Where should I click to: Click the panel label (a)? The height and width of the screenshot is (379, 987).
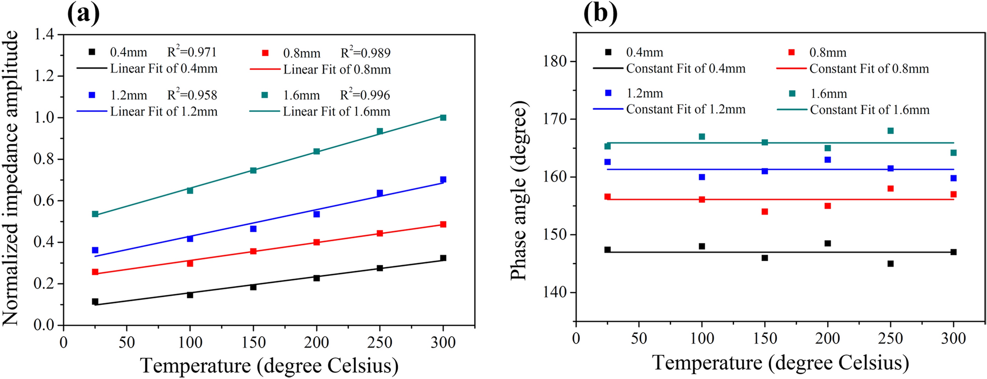tap(83, 14)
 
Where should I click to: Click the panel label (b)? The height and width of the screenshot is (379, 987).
tap(600, 14)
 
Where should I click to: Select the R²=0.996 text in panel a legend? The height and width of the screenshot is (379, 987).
tap(365, 95)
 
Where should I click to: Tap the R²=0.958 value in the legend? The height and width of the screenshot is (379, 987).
tap(192, 95)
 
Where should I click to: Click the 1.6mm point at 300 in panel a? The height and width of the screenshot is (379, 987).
tap(443, 117)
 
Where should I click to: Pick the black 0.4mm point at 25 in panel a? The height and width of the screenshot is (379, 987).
tap(95, 301)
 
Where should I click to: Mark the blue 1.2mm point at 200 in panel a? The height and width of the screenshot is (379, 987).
tap(317, 214)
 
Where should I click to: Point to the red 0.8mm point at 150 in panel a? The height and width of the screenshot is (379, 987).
tap(253, 251)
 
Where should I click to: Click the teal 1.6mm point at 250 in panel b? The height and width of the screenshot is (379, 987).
tap(890, 131)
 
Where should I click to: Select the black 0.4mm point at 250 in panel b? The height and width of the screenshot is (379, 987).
tap(890, 264)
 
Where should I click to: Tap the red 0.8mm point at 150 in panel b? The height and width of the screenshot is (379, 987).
tap(765, 212)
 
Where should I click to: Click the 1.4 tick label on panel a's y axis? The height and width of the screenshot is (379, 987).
tap(45, 35)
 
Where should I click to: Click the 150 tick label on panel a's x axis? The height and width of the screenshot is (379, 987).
tap(253, 343)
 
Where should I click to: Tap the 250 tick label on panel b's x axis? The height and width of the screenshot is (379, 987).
tap(890, 338)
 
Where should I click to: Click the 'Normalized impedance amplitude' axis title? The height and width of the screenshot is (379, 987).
tap(11, 177)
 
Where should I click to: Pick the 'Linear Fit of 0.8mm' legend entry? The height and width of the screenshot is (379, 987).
tap(337, 70)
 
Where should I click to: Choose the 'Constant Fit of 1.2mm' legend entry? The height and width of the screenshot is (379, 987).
tap(686, 109)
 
